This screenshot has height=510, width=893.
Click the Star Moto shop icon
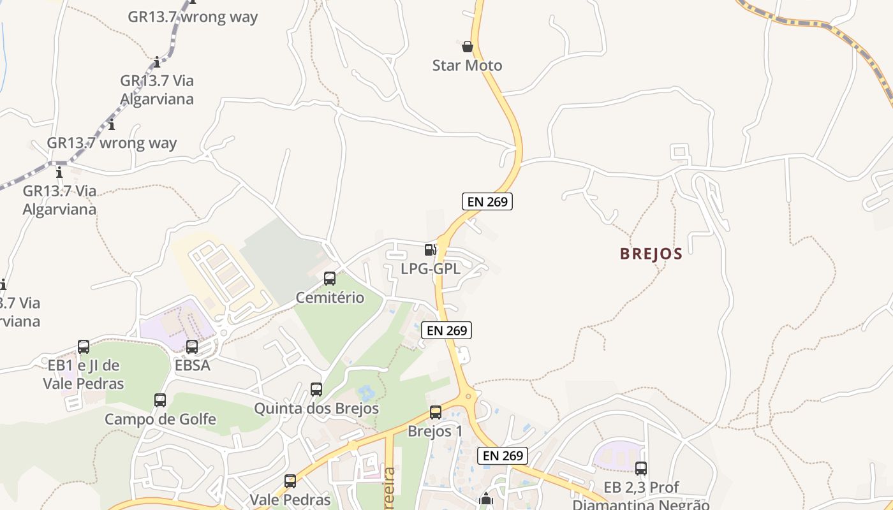(468, 47)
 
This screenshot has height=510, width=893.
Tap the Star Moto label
(467, 66)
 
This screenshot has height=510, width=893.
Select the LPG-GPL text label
(430, 269)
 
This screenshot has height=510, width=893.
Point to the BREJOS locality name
(651, 254)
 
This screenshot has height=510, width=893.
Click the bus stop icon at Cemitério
(330, 279)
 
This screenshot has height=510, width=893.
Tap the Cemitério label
(330, 298)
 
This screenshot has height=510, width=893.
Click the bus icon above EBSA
(192, 347)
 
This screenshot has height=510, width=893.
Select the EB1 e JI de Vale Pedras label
(84, 374)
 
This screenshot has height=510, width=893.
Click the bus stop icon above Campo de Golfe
(160, 400)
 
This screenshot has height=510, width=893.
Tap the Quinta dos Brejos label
(316, 409)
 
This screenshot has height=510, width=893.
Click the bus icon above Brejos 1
(436, 412)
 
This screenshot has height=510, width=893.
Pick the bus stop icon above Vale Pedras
(290, 481)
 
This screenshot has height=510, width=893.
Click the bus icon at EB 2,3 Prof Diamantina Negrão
(641, 469)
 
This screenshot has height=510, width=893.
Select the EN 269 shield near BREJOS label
(487, 201)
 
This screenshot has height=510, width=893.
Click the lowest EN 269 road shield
(503, 455)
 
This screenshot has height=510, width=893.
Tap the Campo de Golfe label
(160, 419)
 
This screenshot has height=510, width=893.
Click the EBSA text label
(192, 366)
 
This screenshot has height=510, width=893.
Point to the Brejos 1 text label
(435, 432)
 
